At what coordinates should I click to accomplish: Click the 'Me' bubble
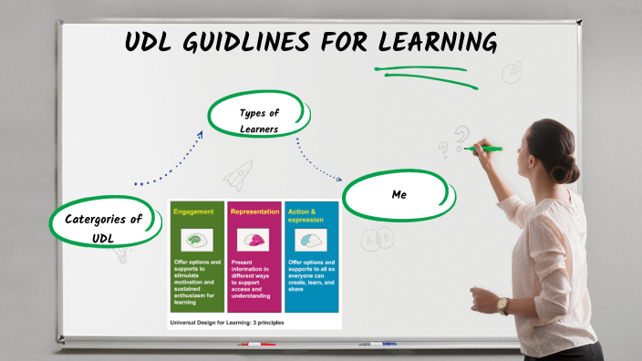click(398, 194)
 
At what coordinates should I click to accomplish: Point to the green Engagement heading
click(194, 211)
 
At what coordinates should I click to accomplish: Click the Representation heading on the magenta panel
click(254, 211)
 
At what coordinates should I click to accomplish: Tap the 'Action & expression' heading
click(306, 216)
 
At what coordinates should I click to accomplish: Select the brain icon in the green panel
click(195, 240)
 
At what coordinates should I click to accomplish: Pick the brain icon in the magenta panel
click(254, 240)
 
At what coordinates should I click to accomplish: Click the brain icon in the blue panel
click(311, 240)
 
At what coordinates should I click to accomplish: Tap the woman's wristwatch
click(502, 306)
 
